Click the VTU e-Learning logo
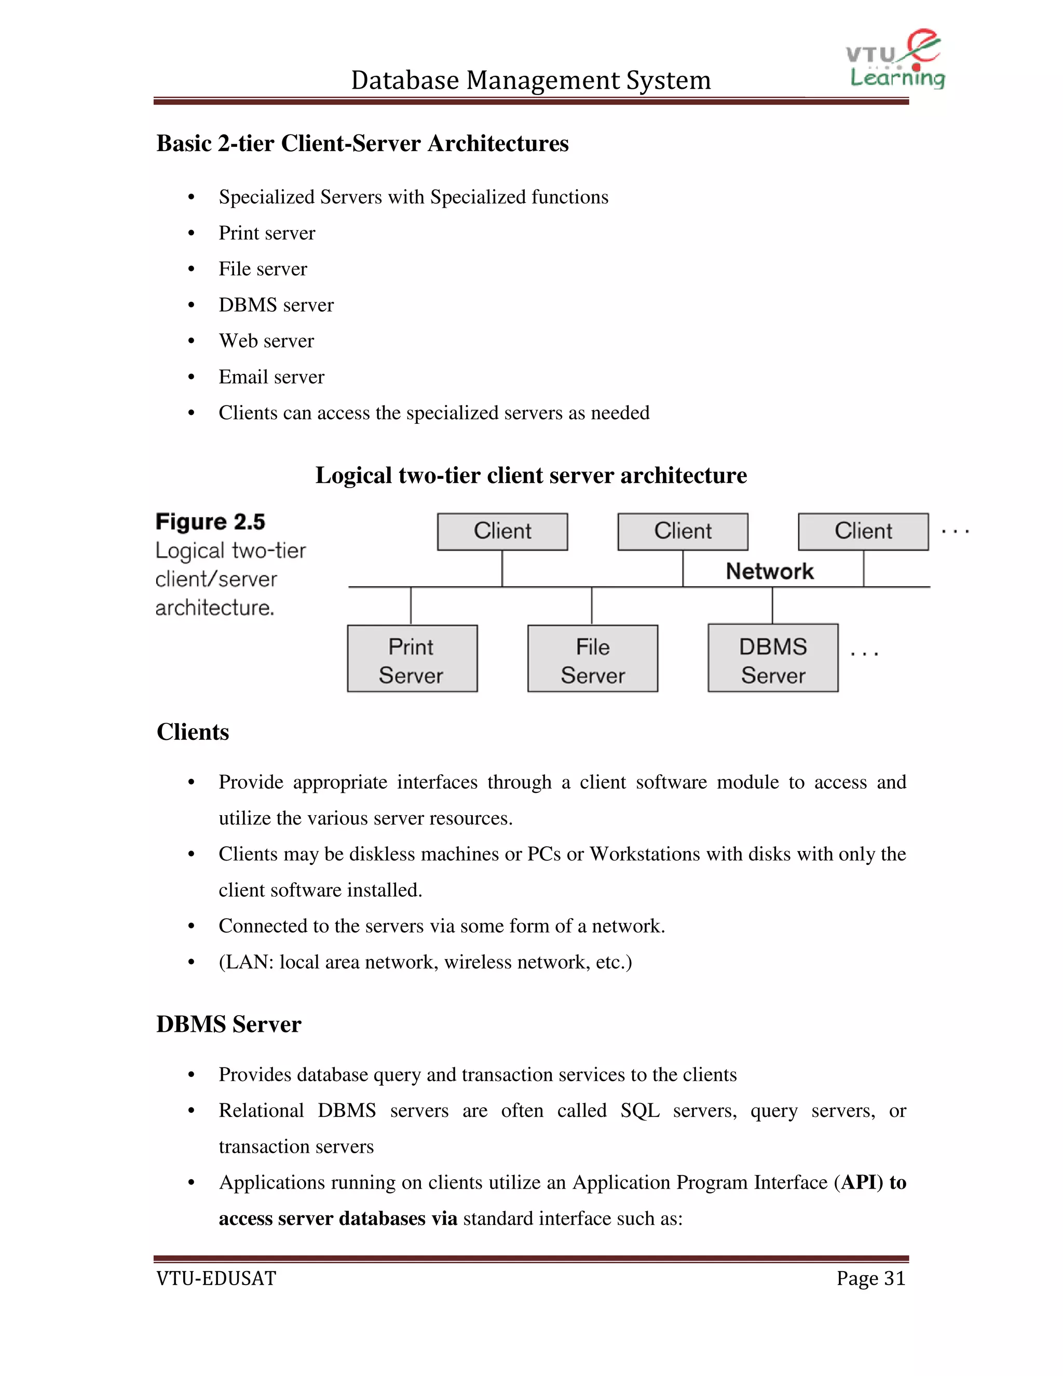click(895, 60)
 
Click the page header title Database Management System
click(530, 80)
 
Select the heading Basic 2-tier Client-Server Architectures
click(362, 144)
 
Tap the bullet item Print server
click(266, 233)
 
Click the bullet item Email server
click(271, 377)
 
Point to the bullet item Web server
click(266, 341)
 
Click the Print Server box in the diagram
click(412, 659)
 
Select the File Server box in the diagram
click(593, 659)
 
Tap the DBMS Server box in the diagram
click(773, 659)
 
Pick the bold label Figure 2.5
click(210, 522)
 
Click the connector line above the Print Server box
click(411, 606)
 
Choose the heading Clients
click(193, 732)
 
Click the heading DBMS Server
click(228, 1024)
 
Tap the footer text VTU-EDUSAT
click(216, 1278)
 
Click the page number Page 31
click(870, 1278)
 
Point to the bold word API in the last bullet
click(860, 1182)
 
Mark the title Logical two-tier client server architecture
click(531, 476)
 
